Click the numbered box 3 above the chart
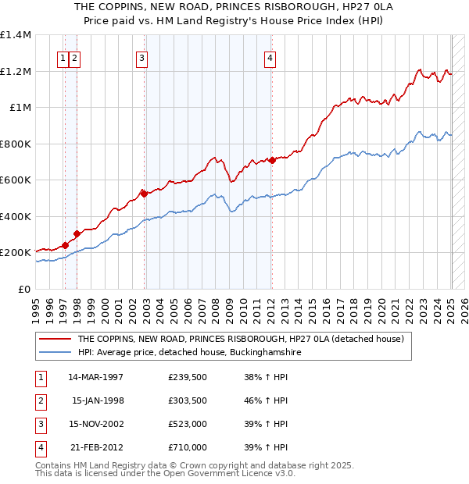point(141,57)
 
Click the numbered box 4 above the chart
point(269,57)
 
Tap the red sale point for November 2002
point(144,192)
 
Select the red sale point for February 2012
point(271,160)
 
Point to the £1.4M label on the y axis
point(16,35)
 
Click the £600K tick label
point(16,180)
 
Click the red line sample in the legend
point(55,340)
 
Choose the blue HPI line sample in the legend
point(55,353)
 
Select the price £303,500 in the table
point(187,400)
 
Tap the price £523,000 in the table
point(187,424)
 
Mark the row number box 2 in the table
point(40,400)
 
